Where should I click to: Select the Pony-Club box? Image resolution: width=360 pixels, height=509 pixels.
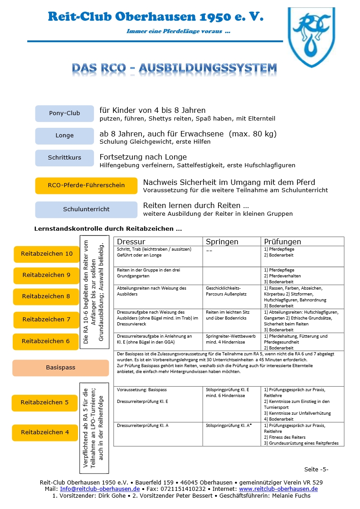[x=64, y=113]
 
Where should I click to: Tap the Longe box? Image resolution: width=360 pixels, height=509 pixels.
[x=64, y=136]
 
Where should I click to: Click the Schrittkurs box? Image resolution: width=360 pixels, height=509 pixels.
[x=64, y=158]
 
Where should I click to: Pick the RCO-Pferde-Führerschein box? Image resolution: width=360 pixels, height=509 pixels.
[x=86, y=185]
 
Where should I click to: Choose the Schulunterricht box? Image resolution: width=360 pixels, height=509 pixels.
[x=86, y=209]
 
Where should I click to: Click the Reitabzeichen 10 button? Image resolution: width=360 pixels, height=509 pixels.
[x=47, y=254]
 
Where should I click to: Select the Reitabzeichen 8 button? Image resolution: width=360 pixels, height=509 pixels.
[x=46, y=296]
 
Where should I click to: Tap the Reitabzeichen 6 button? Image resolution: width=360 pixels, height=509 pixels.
[x=46, y=341]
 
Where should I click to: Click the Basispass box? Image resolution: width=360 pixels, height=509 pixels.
[x=61, y=368]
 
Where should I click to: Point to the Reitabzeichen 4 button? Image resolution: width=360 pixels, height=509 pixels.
[x=45, y=432]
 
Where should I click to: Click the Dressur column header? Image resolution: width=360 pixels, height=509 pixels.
[x=131, y=242]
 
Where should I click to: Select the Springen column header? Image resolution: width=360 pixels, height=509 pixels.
[x=222, y=242]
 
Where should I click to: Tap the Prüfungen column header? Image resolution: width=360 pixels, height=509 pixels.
[x=282, y=242]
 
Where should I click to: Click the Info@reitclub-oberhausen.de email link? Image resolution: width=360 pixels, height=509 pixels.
[x=100, y=489]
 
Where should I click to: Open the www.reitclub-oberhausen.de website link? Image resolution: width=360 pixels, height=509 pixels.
[x=278, y=489]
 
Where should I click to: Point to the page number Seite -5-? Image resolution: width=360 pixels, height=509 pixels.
[x=316, y=469]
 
